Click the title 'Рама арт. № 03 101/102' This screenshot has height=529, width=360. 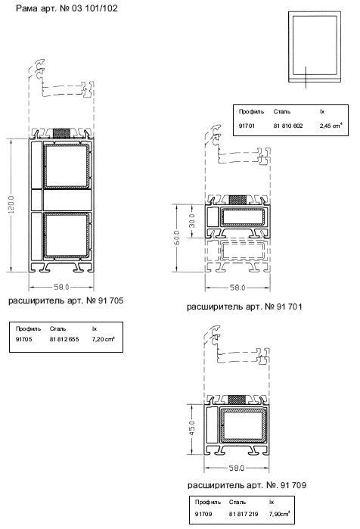tap(67, 8)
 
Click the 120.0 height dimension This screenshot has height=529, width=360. tap(11, 204)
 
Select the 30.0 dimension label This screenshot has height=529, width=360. tap(191, 221)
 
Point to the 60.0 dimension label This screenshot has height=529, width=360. tap(177, 238)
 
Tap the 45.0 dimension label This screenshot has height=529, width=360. tap(191, 428)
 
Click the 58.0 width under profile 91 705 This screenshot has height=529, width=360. tap(61, 287)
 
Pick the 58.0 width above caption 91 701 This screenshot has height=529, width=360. tap(237, 288)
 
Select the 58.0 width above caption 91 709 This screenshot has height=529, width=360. tap(237, 468)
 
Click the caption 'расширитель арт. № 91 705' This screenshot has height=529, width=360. tap(66, 300)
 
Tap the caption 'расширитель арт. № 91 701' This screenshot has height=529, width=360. tap(245, 307)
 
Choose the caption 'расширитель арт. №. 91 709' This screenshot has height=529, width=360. tap(247, 485)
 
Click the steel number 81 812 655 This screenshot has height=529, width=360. tap(64, 339)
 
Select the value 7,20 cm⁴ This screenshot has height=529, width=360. tap(103, 339)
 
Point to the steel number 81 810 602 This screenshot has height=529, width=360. tap(288, 126)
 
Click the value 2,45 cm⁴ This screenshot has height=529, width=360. tap(331, 126)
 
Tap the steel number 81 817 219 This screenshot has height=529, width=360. tap(244, 514)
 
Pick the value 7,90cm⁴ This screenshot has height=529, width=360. tap(279, 513)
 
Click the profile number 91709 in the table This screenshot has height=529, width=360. tap(203, 514)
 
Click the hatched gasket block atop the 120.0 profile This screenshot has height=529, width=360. tap(62, 133)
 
